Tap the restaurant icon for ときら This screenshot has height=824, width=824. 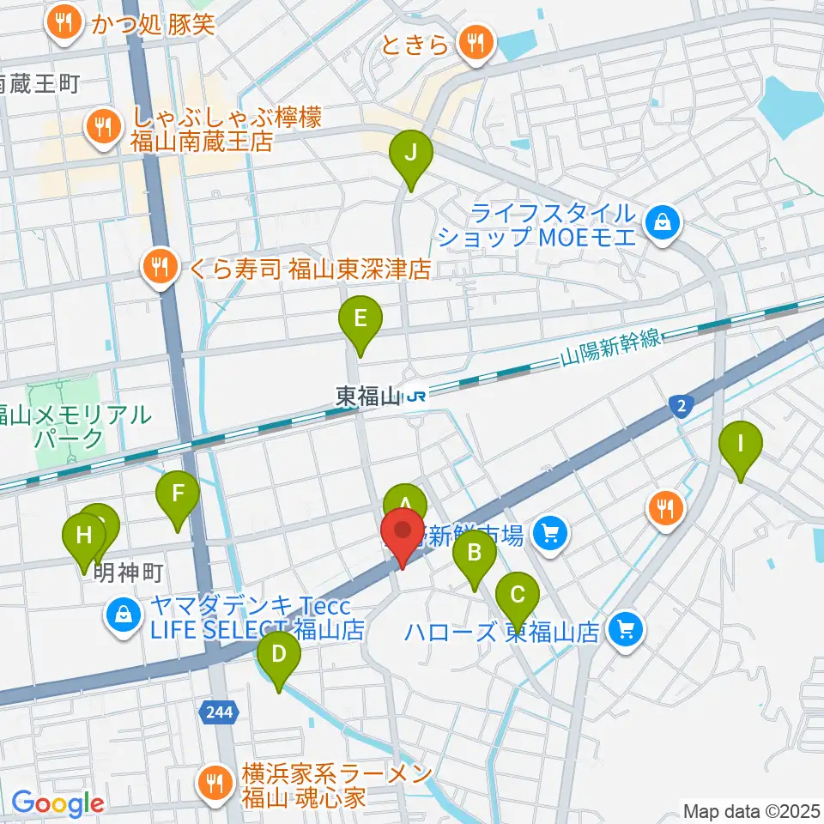pyautogui.click(x=473, y=40)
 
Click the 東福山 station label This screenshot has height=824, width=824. pyautogui.click(x=368, y=397)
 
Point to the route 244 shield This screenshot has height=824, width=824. pyautogui.click(x=218, y=710)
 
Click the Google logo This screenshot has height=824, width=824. pyautogui.click(x=58, y=803)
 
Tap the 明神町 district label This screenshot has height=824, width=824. pyautogui.click(x=128, y=571)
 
